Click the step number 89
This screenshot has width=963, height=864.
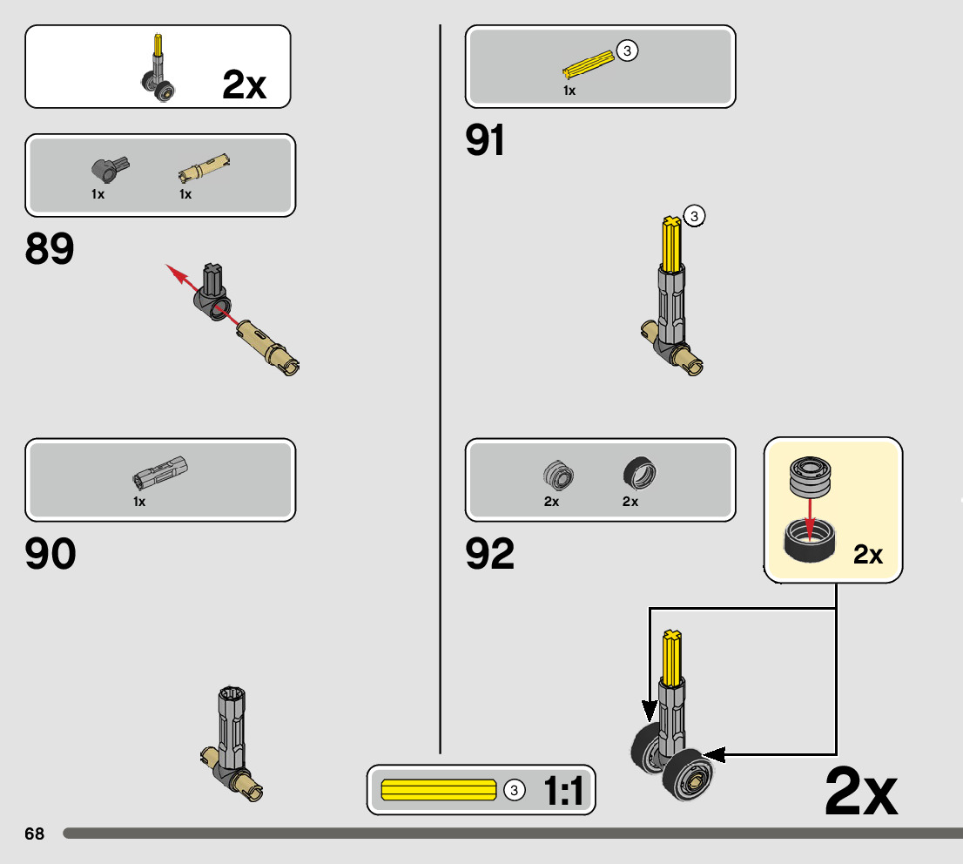pos(50,249)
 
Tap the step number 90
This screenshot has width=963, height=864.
pos(51,554)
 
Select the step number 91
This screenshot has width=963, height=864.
pos(485,140)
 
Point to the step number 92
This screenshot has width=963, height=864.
pos(490,554)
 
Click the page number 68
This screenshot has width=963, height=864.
pos(34,834)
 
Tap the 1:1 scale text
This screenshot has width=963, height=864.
pos(562,791)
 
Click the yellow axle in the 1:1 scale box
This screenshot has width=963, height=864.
pos(438,790)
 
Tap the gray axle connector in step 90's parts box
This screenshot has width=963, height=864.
pos(160,471)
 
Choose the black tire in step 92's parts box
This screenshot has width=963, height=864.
pos(640,472)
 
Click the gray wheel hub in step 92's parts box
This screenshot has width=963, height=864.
pos(558,473)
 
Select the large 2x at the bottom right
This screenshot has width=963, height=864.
pos(860,791)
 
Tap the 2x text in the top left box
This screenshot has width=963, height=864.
pos(245,84)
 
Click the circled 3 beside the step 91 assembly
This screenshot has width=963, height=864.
pos(693,215)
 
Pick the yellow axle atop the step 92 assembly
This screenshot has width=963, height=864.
pos(670,658)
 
